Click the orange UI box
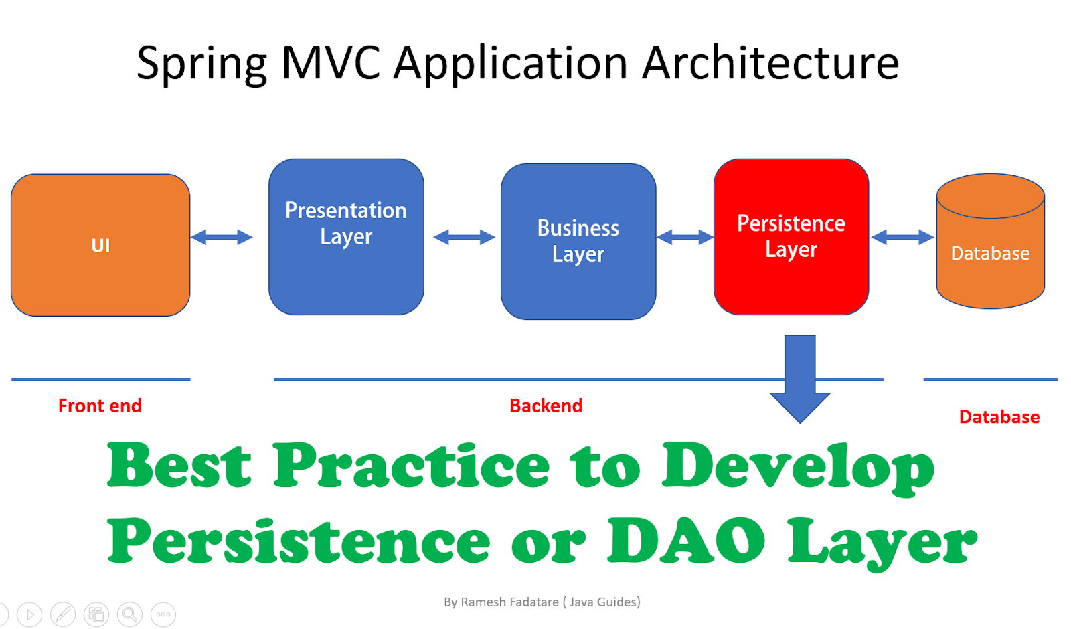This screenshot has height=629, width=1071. (x=100, y=245)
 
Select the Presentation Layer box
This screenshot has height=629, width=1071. (x=346, y=236)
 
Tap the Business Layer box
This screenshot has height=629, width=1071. (x=578, y=241)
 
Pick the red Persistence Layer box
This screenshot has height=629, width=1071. (x=791, y=236)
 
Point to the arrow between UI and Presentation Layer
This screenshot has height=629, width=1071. (x=222, y=237)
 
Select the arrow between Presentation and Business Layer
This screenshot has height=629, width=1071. (x=464, y=237)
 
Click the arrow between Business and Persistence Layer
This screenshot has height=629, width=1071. (x=685, y=237)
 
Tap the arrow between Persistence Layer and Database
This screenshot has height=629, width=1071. (x=902, y=237)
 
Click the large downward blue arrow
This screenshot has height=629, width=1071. (x=800, y=378)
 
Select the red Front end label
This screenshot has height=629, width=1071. (x=100, y=406)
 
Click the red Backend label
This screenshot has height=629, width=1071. (x=546, y=406)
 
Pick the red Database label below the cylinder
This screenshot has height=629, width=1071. (x=999, y=417)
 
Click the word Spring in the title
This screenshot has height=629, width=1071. (x=201, y=64)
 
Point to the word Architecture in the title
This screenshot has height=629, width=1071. (x=770, y=63)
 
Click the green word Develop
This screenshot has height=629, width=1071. (x=798, y=467)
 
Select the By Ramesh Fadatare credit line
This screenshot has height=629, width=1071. (x=542, y=602)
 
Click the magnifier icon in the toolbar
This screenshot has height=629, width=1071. (x=130, y=614)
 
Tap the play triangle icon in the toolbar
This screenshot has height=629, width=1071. (x=29, y=614)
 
